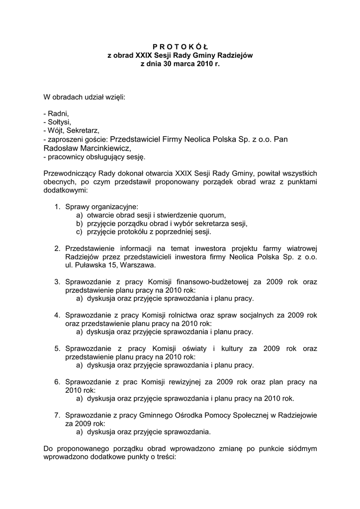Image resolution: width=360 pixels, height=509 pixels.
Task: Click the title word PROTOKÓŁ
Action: pyautogui.click(x=180, y=46)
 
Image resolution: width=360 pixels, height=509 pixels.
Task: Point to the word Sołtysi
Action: pyautogui.click(x=59, y=122)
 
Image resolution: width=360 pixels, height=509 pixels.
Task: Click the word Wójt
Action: pyautogui.click(x=57, y=130)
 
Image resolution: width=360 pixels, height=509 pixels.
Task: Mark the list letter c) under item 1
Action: pyautogui.click(x=79, y=232)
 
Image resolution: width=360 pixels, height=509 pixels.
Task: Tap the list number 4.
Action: pyautogui.click(x=58, y=315)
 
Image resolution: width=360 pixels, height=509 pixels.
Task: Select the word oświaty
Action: pyautogui.click(x=193, y=348)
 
